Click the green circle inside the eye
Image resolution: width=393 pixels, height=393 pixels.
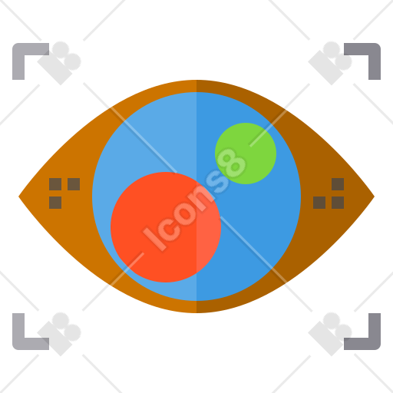tap(246, 154)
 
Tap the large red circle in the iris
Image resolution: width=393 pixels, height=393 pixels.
tap(166, 227)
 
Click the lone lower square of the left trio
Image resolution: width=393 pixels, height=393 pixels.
tap(55, 203)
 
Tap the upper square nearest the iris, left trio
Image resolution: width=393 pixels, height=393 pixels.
tap(74, 184)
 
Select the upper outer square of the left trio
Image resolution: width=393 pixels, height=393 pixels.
tap(55, 184)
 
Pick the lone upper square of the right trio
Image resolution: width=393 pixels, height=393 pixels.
tap(338, 184)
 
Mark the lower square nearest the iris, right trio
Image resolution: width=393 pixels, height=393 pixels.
tap(319, 203)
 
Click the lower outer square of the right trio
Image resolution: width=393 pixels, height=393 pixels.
tap(338, 203)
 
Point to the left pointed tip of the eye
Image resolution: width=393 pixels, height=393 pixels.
tap(19, 196)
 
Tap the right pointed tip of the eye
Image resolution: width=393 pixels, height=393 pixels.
tap(374, 196)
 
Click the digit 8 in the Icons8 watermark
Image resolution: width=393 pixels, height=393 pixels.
tap(232, 163)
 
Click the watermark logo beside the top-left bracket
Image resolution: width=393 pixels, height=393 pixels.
tap(59, 63)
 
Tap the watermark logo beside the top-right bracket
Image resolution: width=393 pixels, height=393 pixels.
tap(330, 63)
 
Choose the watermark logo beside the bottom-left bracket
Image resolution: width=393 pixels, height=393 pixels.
tap(59, 334)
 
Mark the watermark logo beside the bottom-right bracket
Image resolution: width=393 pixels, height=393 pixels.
tap(330, 334)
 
